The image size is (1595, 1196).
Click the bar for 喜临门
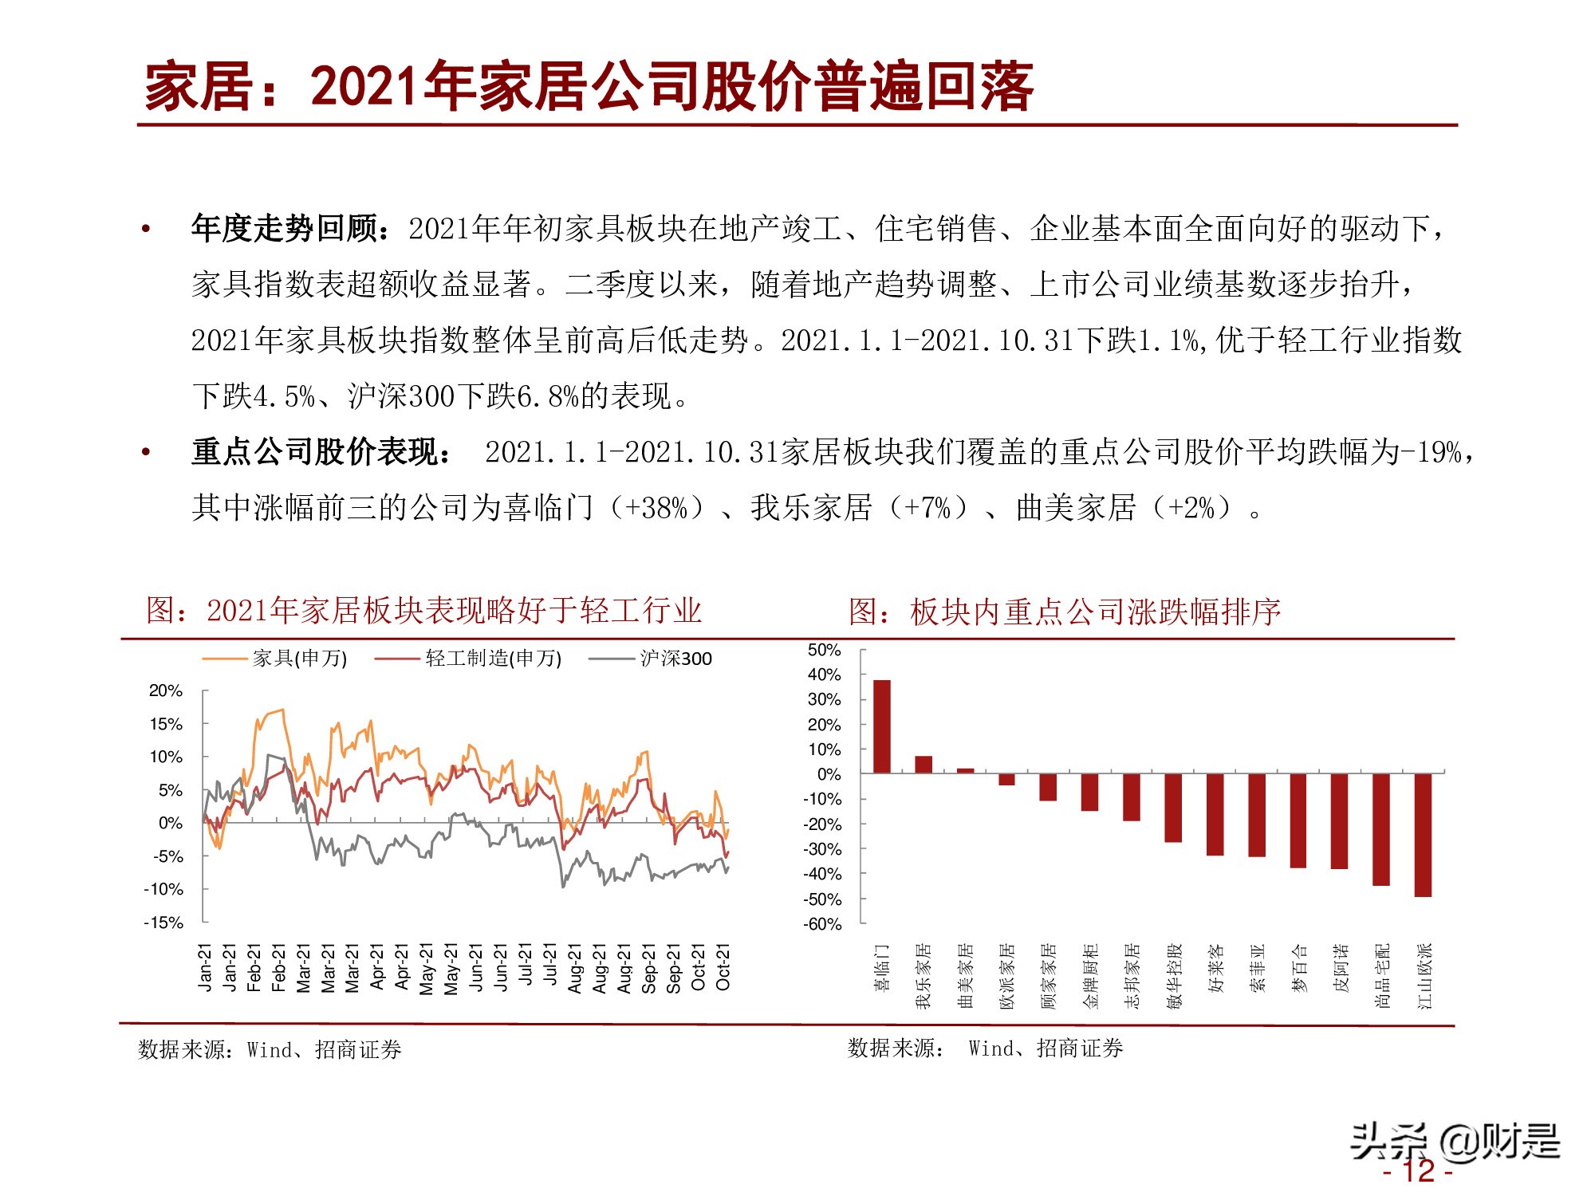882,726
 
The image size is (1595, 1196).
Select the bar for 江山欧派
1423,835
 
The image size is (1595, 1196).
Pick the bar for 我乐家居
924,765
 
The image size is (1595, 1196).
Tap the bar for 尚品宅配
1381,829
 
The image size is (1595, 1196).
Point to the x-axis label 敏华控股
1174,976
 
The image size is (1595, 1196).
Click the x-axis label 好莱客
1215,968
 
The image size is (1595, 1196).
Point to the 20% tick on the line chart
166,690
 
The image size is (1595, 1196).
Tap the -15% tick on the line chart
163,923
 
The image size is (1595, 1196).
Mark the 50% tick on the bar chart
824,650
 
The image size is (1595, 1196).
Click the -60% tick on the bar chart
822,924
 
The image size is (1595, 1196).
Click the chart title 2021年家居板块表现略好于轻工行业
423,610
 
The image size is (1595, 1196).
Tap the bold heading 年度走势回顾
285,229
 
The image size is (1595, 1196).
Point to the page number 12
1419,1170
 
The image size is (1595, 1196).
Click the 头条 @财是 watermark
1455,1141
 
